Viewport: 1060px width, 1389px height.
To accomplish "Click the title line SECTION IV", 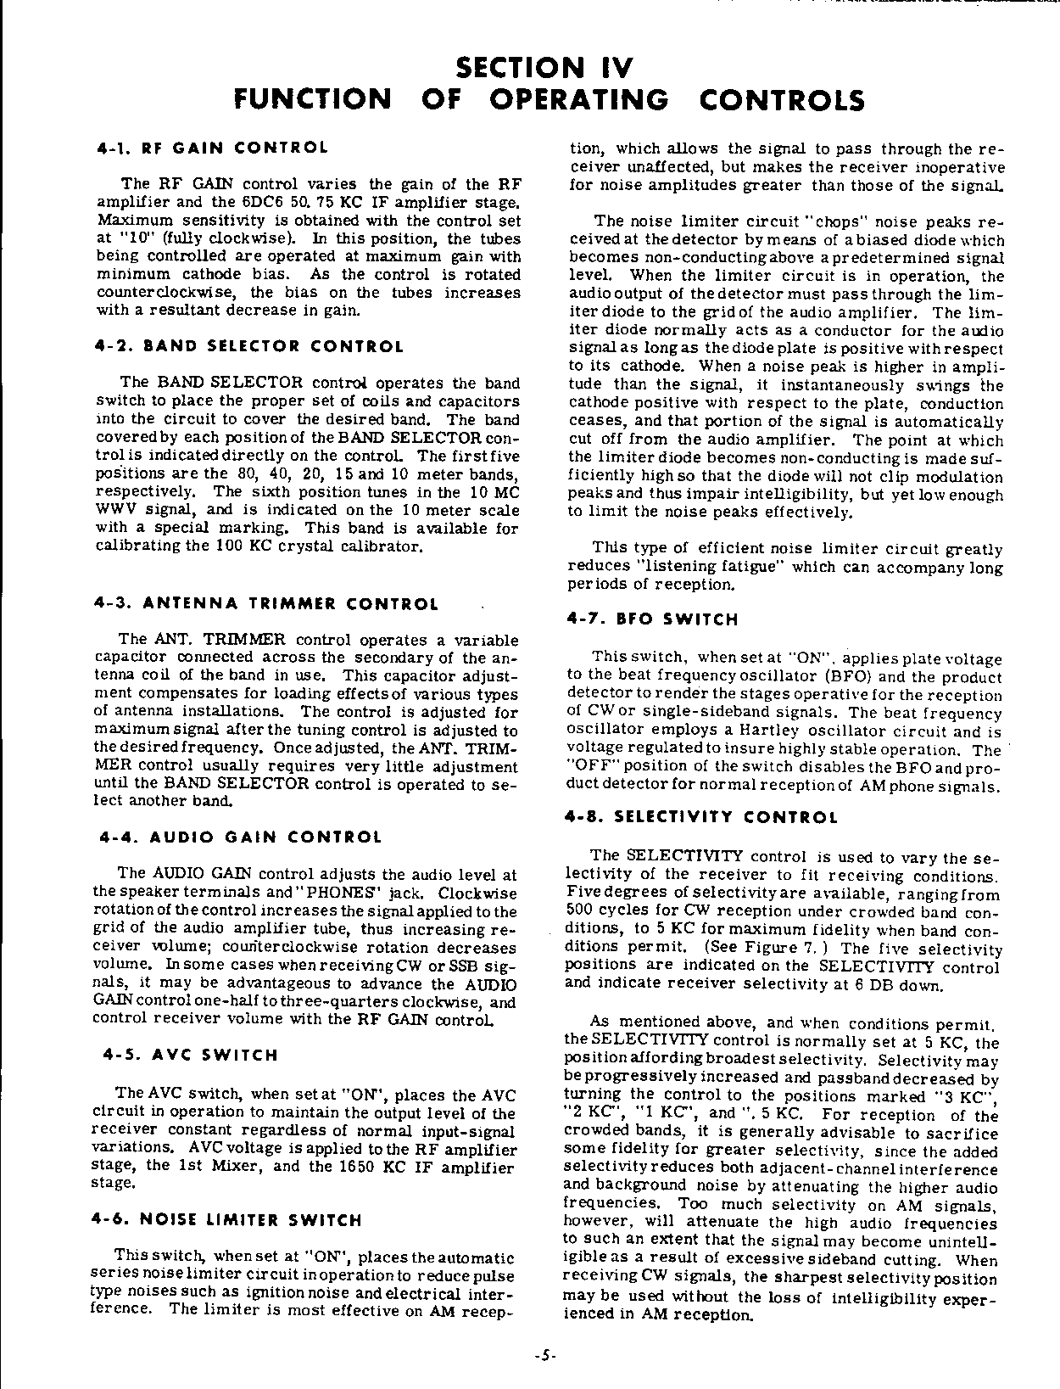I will [x=544, y=67].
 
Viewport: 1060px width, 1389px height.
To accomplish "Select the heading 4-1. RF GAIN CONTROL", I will [x=213, y=148].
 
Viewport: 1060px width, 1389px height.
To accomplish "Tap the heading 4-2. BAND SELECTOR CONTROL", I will [x=251, y=346].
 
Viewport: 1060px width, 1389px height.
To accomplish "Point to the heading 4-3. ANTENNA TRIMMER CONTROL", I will [x=266, y=604].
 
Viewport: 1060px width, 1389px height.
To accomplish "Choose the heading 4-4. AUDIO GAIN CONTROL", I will [x=241, y=837].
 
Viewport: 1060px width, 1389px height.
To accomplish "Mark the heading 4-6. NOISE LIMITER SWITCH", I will [x=226, y=1220].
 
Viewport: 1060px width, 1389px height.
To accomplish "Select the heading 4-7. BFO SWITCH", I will [x=652, y=619].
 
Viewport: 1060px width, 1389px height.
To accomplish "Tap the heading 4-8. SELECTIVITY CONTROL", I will [x=701, y=818].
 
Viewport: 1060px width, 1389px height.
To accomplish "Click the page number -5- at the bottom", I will [x=544, y=1355].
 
